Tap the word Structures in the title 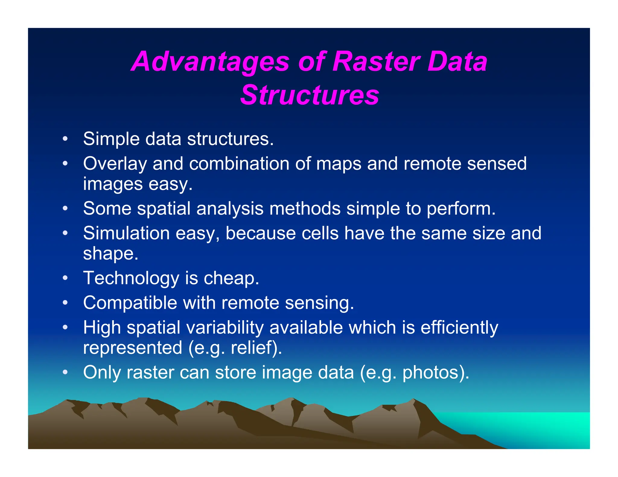pos(310,95)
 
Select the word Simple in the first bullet pos(111,139)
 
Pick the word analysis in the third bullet pos(230,209)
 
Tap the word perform pos(460,209)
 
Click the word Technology pos(131,278)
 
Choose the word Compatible pos(130,303)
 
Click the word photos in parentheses pos(433,372)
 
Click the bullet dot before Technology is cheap pos(65,278)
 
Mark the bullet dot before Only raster pos(65,372)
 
